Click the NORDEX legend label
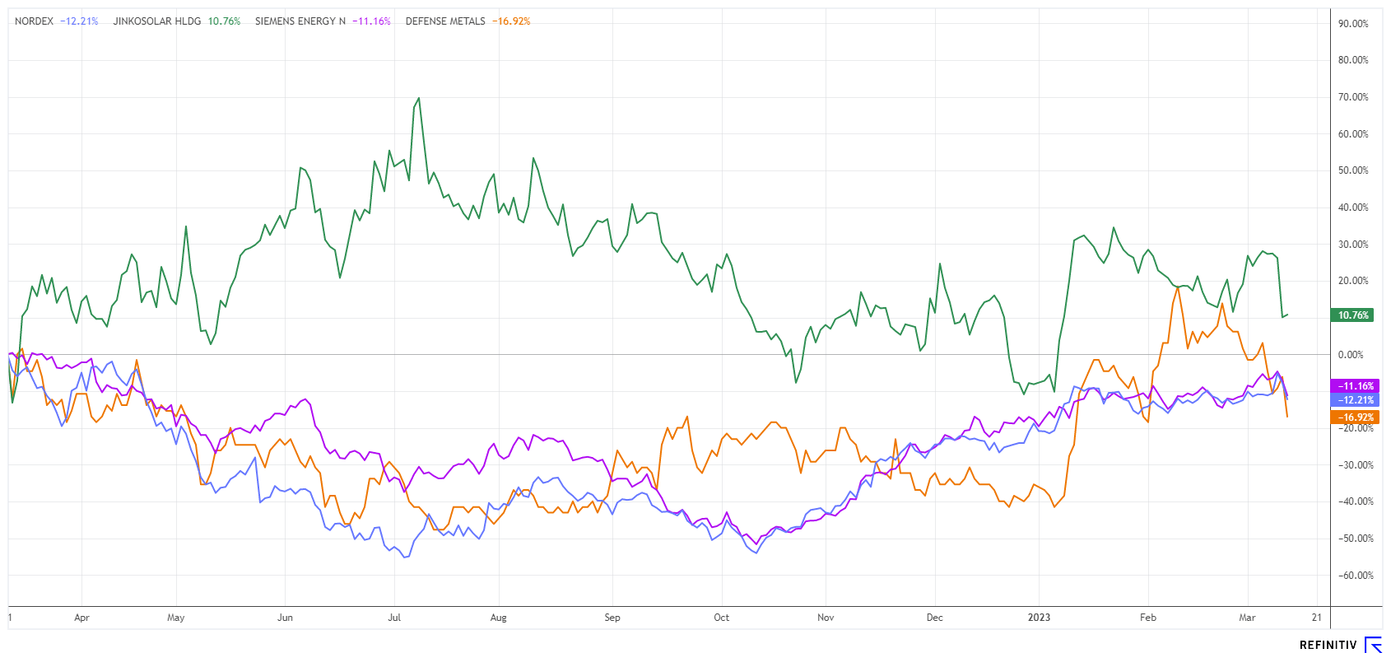(x=34, y=21)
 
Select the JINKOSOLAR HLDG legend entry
(x=156, y=21)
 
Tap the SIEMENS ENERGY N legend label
(x=300, y=21)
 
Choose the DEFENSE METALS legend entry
(x=445, y=21)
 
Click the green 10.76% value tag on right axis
(x=1352, y=315)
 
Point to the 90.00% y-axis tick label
(x=1353, y=24)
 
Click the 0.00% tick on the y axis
(x=1351, y=355)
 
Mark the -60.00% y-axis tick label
(x=1354, y=576)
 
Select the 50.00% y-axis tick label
(x=1353, y=170)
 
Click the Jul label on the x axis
(x=394, y=618)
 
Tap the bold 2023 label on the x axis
(x=1039, y=618)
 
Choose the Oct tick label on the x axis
(x=721, y=618)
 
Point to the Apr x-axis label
(x=81, y=618)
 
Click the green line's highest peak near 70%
(x=419, y=99)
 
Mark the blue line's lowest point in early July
(x=405, y=557)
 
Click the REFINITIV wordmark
(x=1328, y=645)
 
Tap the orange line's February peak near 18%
(x=1178, y=287)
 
